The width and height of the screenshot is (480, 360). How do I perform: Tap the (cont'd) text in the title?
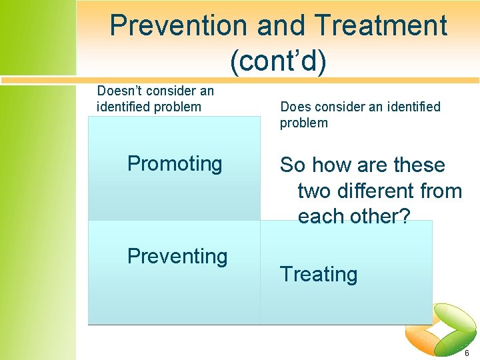click(278, 61)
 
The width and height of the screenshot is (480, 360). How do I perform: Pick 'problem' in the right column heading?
click(304, 123)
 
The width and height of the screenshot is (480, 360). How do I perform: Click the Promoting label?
click(175, 163)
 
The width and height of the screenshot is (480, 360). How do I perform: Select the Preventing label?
click(177, 256)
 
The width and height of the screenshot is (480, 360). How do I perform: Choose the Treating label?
click(319, 274)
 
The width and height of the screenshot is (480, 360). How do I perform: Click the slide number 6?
click(467, 353)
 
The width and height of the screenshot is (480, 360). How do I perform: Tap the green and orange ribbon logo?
click(444, 330)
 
